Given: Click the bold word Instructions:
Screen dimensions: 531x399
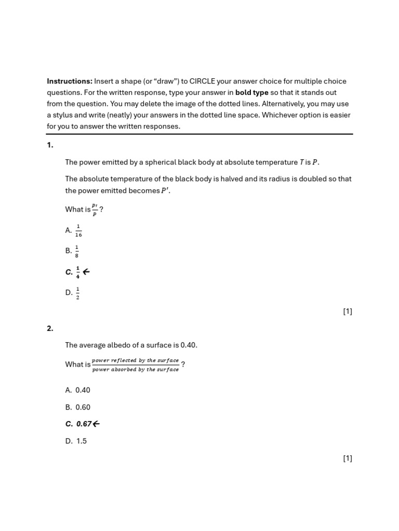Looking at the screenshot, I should [69, 81].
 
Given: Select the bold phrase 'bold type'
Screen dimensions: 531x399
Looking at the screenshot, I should [252, 93].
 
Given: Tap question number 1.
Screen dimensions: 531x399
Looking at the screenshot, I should [50, 145].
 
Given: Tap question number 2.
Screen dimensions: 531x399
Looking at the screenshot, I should [50, 328].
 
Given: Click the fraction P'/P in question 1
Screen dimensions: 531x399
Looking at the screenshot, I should [95, 209].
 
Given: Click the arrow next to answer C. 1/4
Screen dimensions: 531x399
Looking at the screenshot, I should [86, 272].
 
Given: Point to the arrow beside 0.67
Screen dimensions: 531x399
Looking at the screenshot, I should [96, 424].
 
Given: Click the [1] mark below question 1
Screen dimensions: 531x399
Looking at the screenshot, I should [348, 311].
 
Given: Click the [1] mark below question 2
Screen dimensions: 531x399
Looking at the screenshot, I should [348, 458].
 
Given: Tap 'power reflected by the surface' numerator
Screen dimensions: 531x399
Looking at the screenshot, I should [135, 360].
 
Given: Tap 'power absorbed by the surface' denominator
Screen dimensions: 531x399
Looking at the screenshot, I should [135, 370].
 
